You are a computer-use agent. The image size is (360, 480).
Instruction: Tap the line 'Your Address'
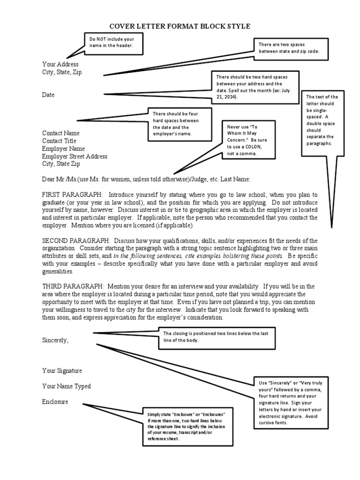click(x=60, y=64)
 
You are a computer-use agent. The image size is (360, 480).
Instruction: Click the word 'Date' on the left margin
click(x=48, y=95)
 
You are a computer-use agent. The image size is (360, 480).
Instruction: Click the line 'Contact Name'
click(x=61, y=133)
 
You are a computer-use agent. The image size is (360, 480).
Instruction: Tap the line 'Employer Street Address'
click(x=75, y=156)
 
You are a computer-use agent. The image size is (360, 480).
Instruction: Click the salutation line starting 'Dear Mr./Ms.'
click(x=146, y=179)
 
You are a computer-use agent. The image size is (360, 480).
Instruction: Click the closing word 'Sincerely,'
click(x=55, y=340)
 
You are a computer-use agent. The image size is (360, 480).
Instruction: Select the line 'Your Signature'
click(x=62, y=371)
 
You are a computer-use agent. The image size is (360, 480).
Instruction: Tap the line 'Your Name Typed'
click(x=66, y=386)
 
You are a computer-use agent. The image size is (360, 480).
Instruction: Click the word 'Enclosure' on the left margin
click(x=55, y=402)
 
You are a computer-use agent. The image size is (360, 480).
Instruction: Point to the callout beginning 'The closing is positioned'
click(x=215, y=337)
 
